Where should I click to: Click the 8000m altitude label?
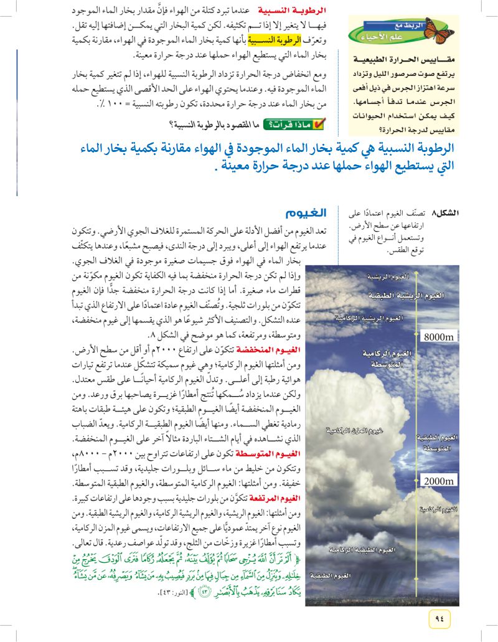click(x=439, y=337)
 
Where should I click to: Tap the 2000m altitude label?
click(x=439, y=480)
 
